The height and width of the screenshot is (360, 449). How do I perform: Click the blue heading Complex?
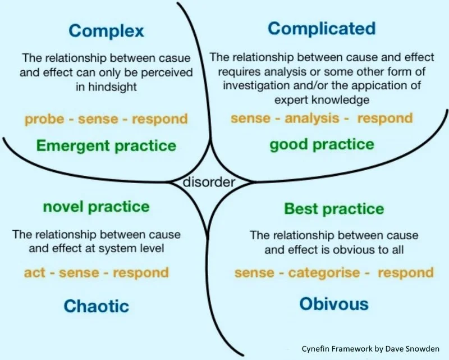[106, 30]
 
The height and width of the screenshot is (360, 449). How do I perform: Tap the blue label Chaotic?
[96, 306]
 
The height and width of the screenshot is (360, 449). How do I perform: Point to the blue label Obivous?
[334, 304]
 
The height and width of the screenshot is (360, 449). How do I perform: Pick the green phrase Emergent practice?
[106, 147]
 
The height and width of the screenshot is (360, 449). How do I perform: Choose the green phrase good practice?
[322, 144]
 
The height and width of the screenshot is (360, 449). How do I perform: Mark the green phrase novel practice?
[96, 207]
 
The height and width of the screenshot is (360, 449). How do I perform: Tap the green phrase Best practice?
[334, 209]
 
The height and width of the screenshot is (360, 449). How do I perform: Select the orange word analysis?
[312, 118]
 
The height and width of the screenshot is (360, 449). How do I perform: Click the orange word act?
[35, 273]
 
